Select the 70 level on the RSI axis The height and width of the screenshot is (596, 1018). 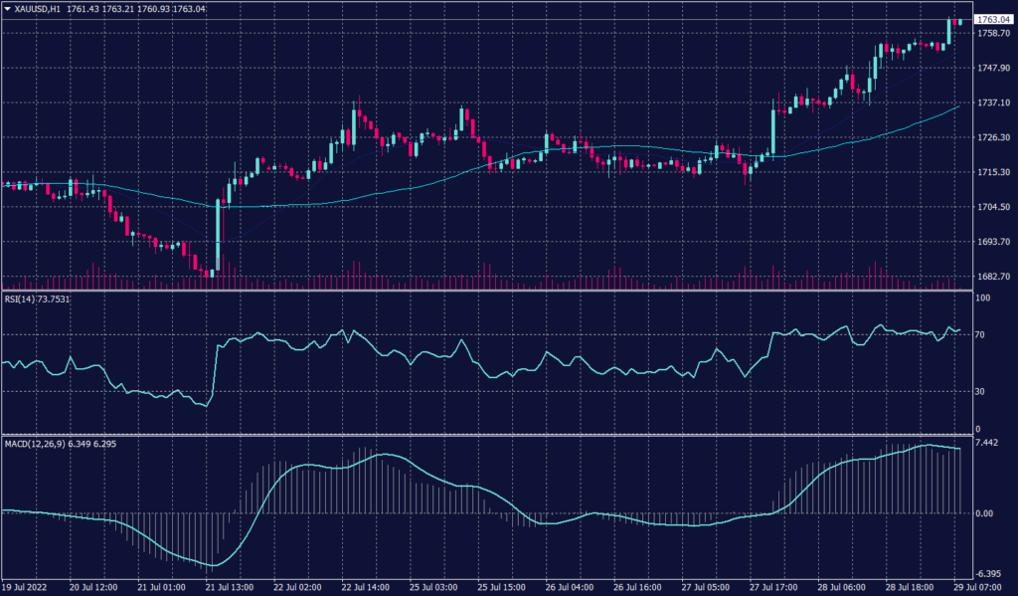979,335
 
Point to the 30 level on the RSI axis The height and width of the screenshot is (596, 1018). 979,391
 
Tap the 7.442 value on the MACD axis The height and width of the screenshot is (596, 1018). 988,442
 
